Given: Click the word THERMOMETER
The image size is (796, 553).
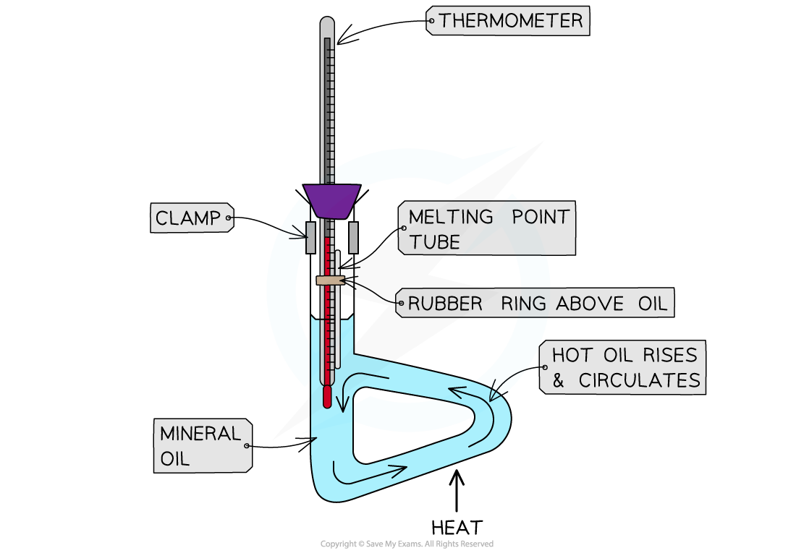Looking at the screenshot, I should click(510, 21).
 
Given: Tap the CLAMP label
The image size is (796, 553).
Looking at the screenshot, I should click(188, 218).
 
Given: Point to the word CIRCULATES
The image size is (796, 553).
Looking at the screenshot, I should click(640, 380).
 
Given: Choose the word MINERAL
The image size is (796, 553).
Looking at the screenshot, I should click(190, 434).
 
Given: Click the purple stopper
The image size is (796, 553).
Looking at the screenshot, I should click(332, 200).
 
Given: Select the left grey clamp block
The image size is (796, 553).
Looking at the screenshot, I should click(310, 237).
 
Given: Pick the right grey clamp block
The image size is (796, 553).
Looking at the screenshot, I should click(353, 237).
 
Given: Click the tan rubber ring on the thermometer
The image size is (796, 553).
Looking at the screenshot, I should click(329, 280).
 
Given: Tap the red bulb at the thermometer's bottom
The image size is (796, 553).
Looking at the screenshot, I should click(327, 396).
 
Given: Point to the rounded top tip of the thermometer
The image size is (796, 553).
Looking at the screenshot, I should click(327, 23).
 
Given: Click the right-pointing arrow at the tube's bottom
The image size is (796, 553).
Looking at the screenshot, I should click(369, 471).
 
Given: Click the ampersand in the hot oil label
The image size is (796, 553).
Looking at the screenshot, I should click(558, 381).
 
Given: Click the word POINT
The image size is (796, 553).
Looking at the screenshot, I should click(538, 217).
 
